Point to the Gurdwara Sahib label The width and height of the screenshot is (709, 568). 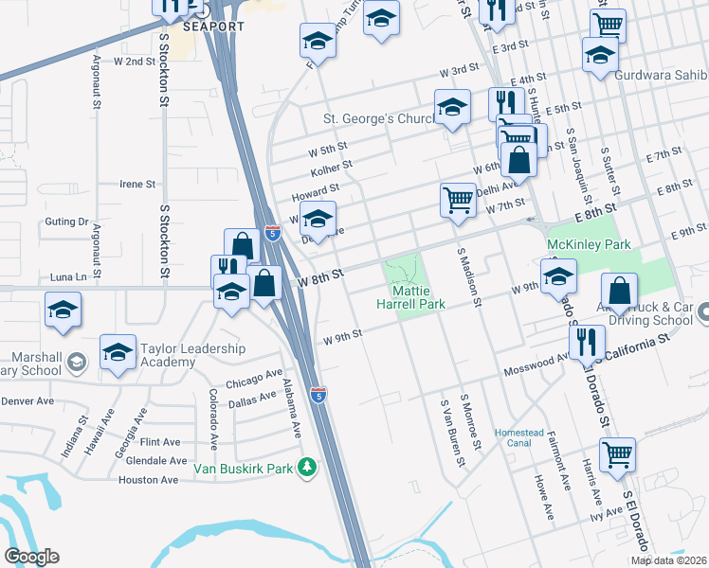tap(661, 75)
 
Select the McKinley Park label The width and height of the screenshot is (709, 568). tap(589, 244)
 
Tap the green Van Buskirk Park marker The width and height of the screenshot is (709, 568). tap(306, 467)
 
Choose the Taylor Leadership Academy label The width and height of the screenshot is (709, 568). tap(192, 355)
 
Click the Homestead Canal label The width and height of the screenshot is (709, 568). tap(519, 439)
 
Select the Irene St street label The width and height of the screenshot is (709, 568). tap(136, 184)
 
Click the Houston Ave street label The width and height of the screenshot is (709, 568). tap(148, 480)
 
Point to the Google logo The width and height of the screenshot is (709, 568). tap(31, 557)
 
